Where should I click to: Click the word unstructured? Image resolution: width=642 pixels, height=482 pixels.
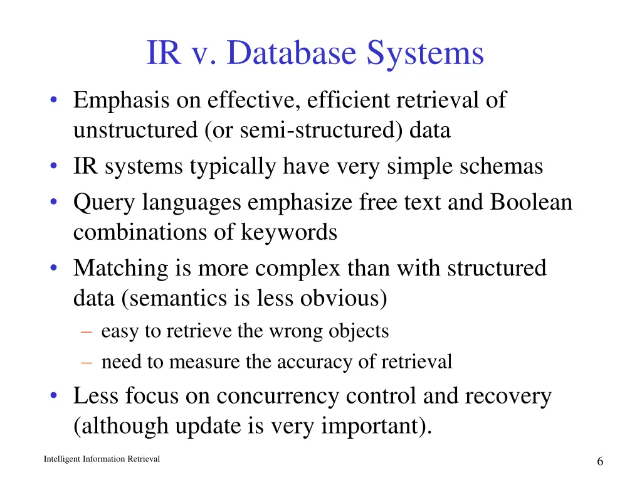(135, 131)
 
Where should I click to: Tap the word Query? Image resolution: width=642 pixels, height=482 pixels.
(104, 203)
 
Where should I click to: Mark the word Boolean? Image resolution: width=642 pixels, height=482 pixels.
(531, 202)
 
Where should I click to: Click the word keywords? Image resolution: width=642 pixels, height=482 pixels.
(289, 233)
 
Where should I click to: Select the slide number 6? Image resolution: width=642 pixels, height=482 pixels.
(600, 462)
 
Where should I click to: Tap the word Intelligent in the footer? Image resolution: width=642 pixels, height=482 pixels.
(62, 459)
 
